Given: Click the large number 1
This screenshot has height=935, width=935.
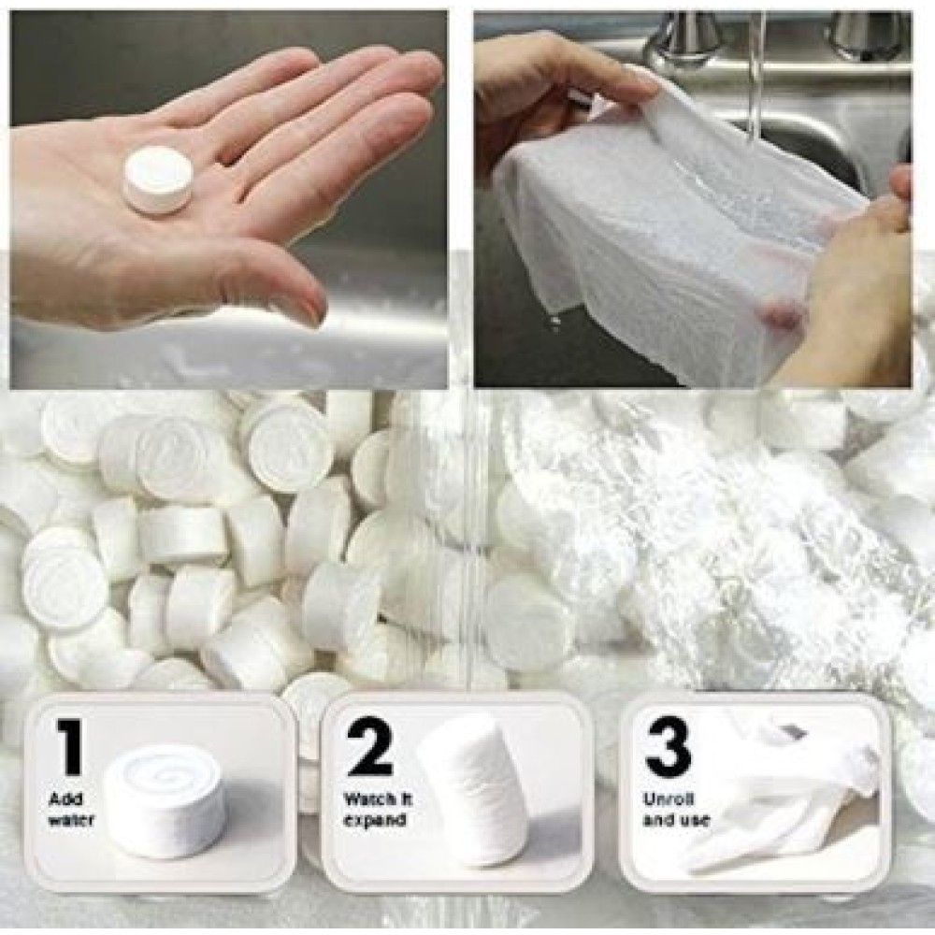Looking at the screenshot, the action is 71,747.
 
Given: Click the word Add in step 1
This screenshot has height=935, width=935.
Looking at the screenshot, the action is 65,799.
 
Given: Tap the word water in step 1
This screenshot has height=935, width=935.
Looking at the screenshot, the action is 71,821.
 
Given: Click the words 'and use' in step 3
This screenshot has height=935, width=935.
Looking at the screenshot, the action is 676,821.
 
